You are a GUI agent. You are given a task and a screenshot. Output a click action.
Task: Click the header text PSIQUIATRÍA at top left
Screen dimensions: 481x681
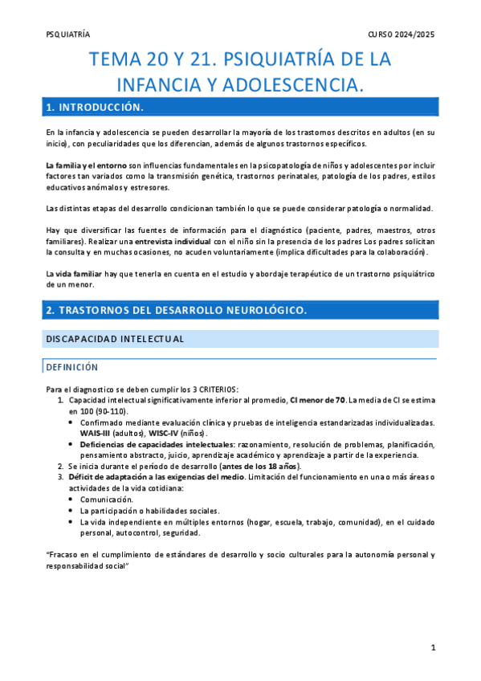click(69, 35)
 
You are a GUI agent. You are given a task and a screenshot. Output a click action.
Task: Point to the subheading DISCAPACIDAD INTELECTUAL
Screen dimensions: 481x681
click(115, 339)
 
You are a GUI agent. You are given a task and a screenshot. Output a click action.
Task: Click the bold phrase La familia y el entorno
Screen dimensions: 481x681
click(87, 165)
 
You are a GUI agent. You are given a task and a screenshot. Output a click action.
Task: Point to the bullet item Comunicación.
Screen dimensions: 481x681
click(106, 499)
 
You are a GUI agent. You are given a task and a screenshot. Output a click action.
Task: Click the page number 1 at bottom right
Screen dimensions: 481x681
click(432, 647)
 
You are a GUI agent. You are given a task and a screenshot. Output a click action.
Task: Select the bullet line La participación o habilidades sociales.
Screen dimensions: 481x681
click(149, 510)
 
